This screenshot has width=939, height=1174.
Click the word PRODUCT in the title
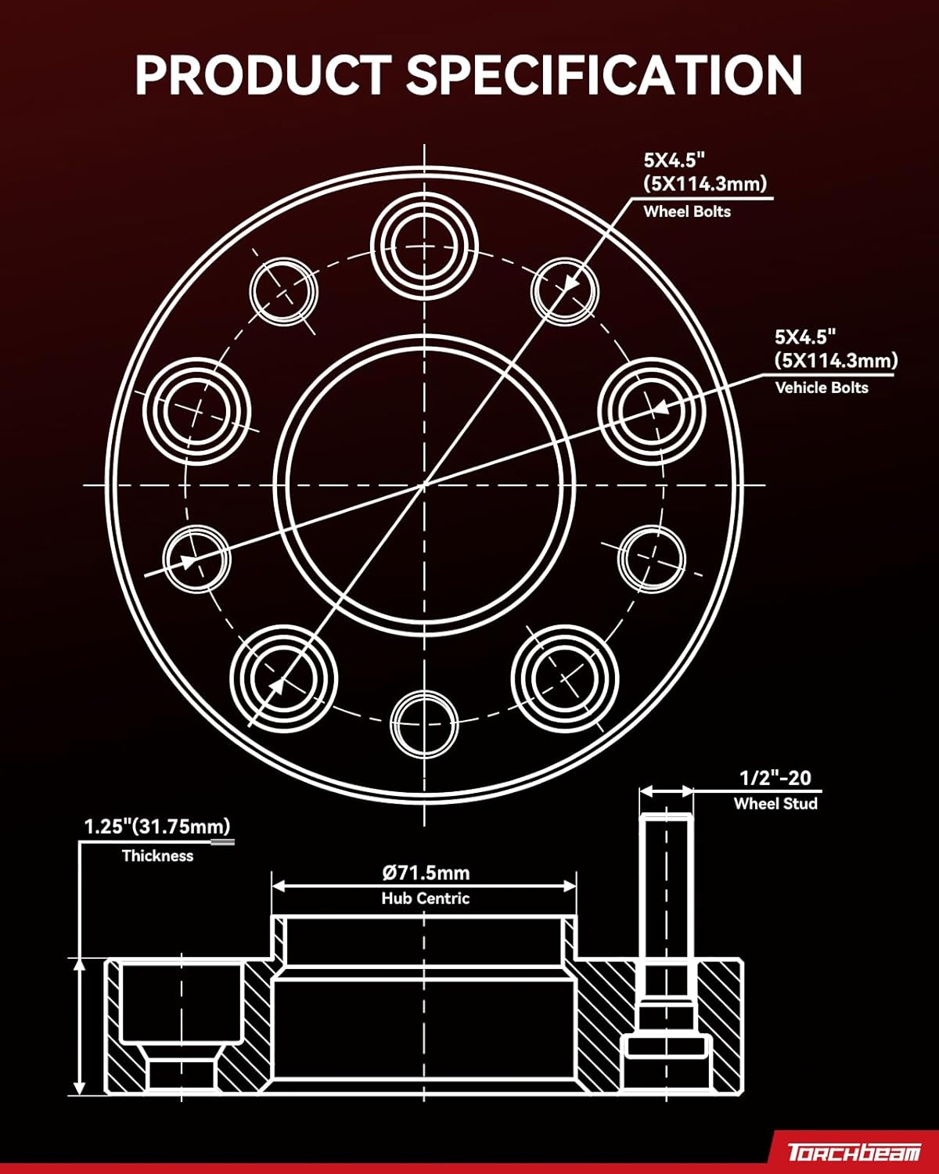[x=262, y=76]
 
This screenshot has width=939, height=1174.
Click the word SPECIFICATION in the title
[x=604, y=76]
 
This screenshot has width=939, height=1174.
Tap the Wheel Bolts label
[x=687, y=211]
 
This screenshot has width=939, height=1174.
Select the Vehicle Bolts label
[x=822, y=387]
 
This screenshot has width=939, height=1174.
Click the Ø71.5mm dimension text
[x=426, y=873]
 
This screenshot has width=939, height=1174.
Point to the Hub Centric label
[x=426, y=899]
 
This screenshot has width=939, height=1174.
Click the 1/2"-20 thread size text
[x=775, y=778]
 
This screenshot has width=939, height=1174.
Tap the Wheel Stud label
[x=775, y=804]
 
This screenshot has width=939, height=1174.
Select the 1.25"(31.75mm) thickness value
[x=157, y=826]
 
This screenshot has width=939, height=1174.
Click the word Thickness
[x=157, y=855]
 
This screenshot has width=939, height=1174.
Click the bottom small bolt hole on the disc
[x=424, y=723]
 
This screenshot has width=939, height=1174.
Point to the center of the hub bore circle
[x=424, y=485]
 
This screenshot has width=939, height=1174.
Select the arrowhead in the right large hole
[x=660, y=408]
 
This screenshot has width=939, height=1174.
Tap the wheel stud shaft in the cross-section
[x=667, y=900]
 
